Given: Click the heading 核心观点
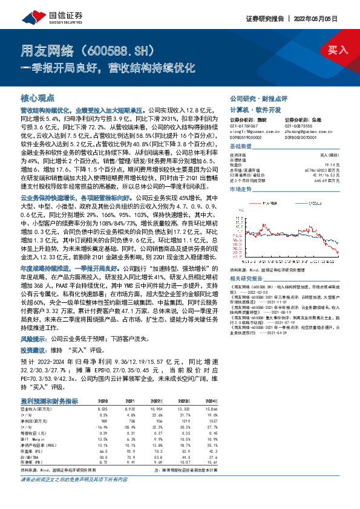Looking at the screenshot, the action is coord(38,97).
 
